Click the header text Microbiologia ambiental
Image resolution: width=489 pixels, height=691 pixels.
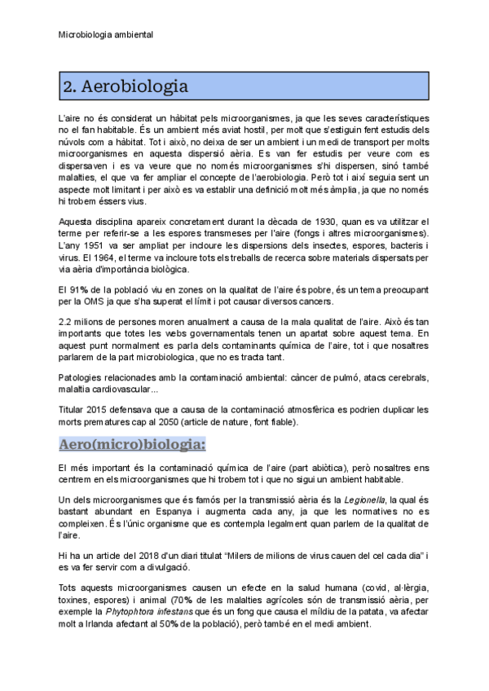point(106,35)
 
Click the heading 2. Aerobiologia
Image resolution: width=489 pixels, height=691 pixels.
point(126,86)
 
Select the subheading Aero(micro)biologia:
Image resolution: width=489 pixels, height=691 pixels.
point(132,444)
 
